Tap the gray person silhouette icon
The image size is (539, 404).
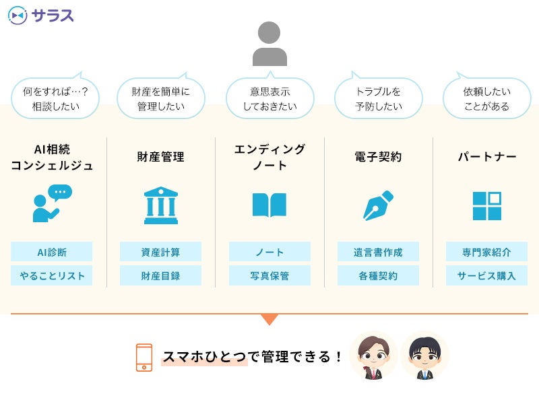click(269, 43)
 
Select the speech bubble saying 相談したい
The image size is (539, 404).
click(55, 98)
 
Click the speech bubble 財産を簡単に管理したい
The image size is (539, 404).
click(160, 98)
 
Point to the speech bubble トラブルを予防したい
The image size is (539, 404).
click(378, 98)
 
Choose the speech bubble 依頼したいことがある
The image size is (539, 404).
click(486, 98)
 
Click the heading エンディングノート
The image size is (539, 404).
click(269, 157)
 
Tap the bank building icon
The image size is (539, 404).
click(161, 205)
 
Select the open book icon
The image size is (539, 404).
click(269, 205)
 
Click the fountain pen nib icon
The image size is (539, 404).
click(378, 205)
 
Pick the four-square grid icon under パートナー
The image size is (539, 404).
click(486, 205)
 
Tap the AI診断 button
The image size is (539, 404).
click(52, 252)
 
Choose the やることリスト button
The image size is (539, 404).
click(52, 275)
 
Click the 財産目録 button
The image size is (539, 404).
click(160, 275)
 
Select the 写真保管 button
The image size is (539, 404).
click(269, 275)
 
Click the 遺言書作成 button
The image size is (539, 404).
click(378, 252)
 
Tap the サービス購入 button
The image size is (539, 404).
click(486, 275)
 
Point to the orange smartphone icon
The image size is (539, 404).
click(144, 358)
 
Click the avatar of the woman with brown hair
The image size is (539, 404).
click(373, 356)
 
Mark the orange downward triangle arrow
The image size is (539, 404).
click(269, 319)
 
